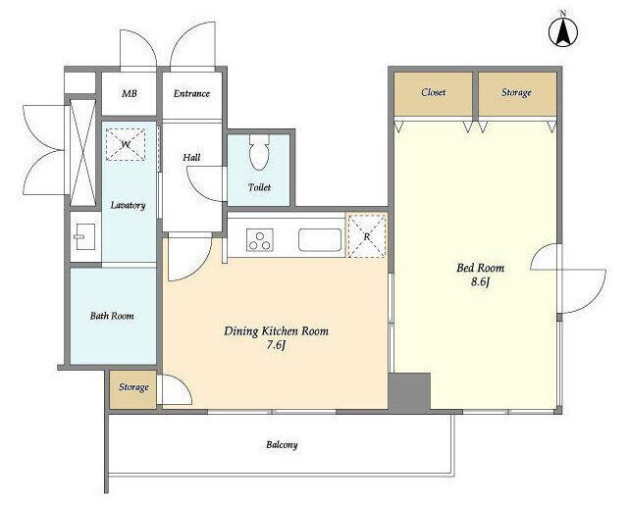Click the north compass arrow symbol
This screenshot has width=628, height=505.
(563, 31)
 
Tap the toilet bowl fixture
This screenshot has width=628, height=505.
(259, 152)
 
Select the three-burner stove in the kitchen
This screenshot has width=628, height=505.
(259, 239)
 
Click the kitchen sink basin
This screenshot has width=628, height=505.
(320, 239)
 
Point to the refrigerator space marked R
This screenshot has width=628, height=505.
(366, 235)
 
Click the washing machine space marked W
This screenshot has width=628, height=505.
(126, 144)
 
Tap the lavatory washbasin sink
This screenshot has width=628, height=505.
(84, 236)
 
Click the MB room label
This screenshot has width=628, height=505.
(130, 93)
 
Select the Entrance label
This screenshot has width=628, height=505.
(191, 93)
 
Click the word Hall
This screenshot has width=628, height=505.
(191, 158)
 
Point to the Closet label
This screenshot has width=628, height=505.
(434, 92)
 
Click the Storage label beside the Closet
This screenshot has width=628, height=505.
(516, 93)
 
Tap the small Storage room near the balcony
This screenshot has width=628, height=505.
(133, 389)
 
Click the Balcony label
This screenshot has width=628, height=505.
(282, 445)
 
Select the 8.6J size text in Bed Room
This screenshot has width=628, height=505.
(481, 282)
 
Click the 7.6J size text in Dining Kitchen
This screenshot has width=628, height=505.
(277, 345)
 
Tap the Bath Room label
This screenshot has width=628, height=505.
(112, 316)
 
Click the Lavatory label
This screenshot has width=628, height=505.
(128, 206)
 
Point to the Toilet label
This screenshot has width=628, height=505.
(259, 187)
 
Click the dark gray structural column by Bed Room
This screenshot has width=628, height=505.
(410, 391)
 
